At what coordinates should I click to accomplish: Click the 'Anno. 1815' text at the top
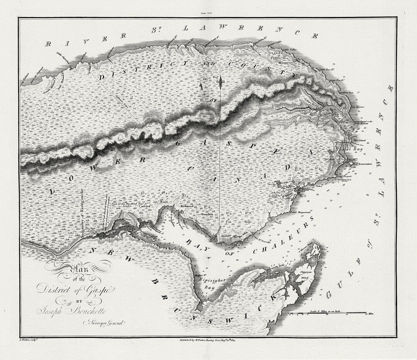click(206, 13)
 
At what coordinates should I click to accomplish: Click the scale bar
click(328, 313)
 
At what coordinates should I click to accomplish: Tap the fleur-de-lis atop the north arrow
click(220, 82)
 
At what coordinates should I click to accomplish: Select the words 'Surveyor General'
click(103, 323)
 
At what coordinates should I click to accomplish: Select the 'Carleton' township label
click(144, 206)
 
